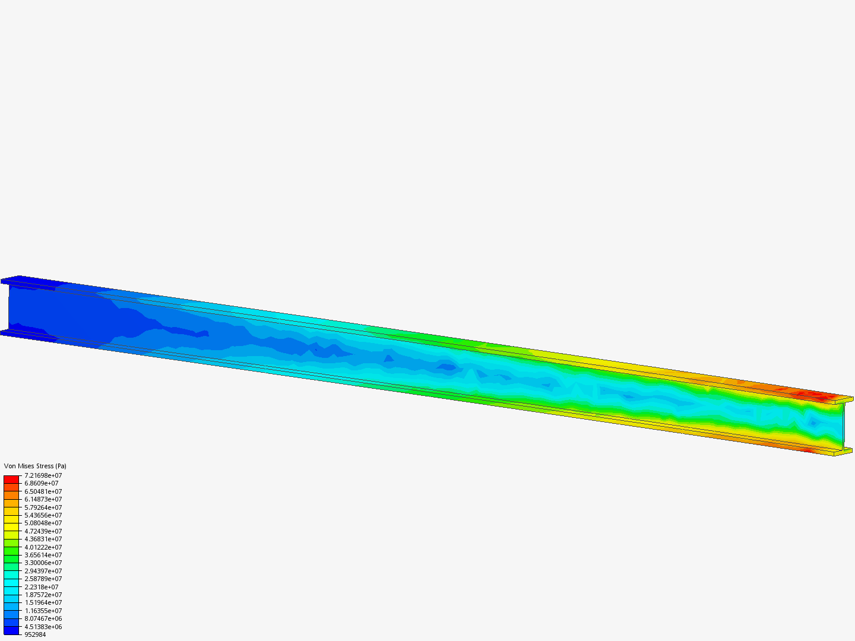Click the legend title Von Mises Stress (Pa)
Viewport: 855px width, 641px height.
click(35, 466)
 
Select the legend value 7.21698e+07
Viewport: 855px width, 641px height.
click(43, 475)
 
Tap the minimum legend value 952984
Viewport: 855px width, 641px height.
click(35, 634)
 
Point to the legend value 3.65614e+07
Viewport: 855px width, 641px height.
click(43, 555)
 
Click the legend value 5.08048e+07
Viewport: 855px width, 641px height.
click(43, 523)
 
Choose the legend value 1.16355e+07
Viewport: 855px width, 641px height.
click(43, 611)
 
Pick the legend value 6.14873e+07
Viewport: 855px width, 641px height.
click(43, 499)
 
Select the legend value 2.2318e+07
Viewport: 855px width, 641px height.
click(41, 587)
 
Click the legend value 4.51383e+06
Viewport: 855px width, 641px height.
click(43, 627)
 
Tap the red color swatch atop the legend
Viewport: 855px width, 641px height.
click(11, 479)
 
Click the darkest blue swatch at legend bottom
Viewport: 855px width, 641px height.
click(11, 630)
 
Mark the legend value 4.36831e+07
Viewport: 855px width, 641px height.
click(43, 539)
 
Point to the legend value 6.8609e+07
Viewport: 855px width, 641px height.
click(41, 483)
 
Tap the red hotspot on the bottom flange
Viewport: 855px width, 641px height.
click(807, 450)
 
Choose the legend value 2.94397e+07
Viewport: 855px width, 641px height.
click(43, 571)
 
